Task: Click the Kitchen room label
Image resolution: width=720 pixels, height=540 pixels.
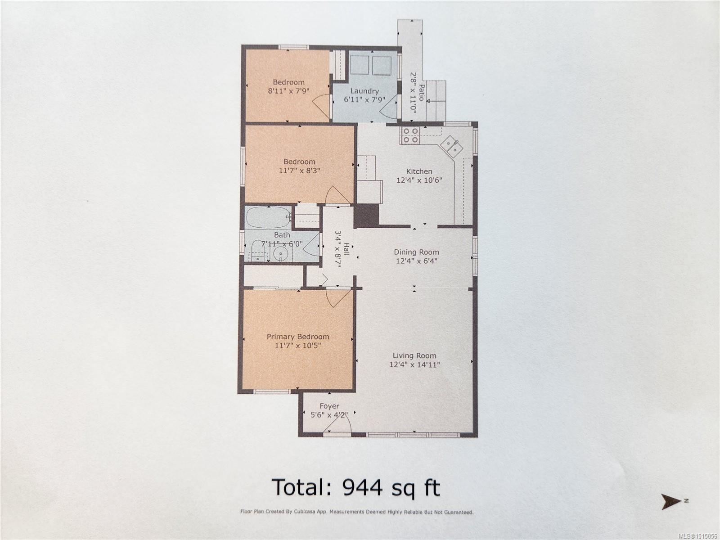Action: [x=419, y=171]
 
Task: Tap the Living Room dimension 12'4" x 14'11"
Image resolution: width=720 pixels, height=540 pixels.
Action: [x=414, y=364]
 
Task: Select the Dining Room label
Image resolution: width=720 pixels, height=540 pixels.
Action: [x=416, y=252]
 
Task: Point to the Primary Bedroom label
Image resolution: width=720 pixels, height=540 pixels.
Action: [x=297, y=337]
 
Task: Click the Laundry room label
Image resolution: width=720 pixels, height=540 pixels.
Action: [x=364, y=91]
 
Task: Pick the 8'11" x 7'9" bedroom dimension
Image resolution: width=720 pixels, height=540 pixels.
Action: [x=288, y=91]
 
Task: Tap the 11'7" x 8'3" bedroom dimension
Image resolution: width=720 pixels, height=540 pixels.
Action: [x=299, y=171]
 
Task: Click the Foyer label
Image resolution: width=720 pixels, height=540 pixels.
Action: [x=329, y=406]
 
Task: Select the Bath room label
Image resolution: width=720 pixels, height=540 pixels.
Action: [x=282, y=235]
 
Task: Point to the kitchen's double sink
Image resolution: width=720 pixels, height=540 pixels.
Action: [x=451, y=145]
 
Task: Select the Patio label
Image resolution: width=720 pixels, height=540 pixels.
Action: [x=422, y=93]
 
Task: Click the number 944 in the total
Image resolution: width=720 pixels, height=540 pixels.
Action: [x=362, y=487]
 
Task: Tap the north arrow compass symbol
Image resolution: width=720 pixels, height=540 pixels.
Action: [x=671, y=502]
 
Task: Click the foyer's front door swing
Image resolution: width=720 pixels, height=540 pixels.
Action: [x=337, y=425]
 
